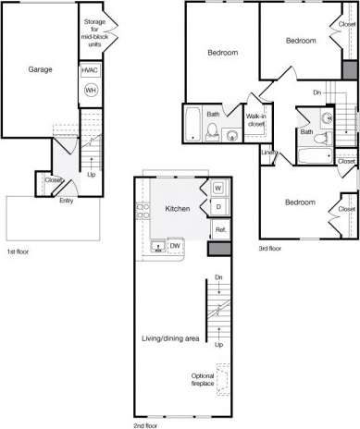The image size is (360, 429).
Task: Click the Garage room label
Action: [40, 69]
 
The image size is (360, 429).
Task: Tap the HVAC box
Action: [91, 70]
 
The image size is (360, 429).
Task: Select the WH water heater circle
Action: [91, 90]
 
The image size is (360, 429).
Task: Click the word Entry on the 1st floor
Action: [67, 200]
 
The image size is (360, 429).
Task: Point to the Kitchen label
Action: [178, 209]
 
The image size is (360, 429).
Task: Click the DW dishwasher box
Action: [176, 246]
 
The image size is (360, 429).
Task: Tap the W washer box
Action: [218, 188]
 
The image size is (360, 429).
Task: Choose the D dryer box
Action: [218, 207]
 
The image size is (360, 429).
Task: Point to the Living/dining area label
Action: [171, 339]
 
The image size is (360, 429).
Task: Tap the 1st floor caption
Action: [18, 251]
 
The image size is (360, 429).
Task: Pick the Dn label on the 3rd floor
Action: [317, 92]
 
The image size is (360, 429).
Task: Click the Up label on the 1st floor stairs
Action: [91, 174]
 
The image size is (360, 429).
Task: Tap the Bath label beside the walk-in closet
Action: [213, 115]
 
